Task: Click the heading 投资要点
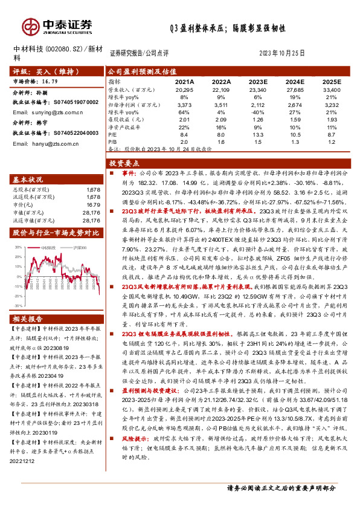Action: pyautogui.click(x=124, y=164)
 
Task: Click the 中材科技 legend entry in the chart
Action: pyautogui.click(x=49, y=248)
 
